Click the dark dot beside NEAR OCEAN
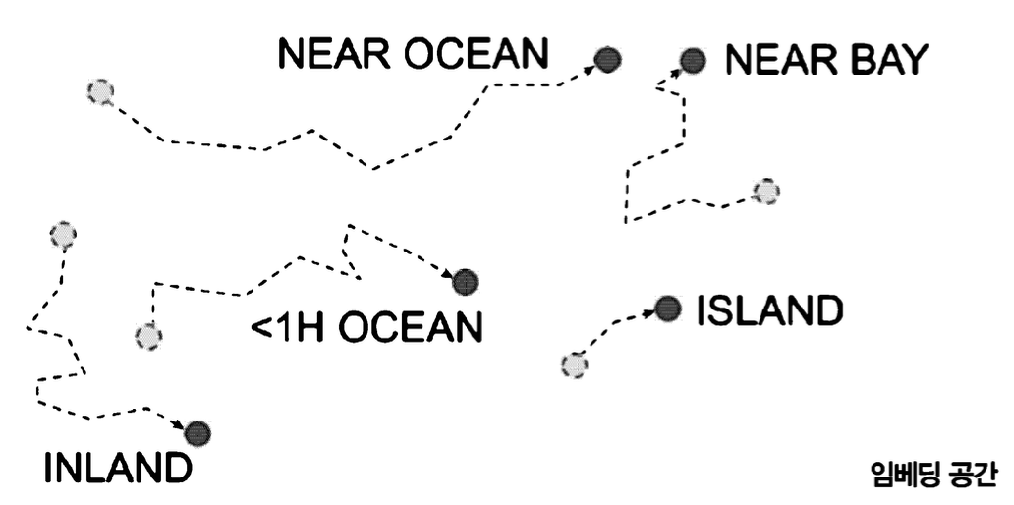[x=609, y=60]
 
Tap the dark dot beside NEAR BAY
[x=694, y=61]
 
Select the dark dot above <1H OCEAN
[x=465, y=282]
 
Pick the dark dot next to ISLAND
[x=668, y=309]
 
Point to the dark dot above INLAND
[x=197, y=432]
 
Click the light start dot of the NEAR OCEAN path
[x=99, y=92]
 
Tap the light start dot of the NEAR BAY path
[x=765, y=191]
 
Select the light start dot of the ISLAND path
[x=574, y=365]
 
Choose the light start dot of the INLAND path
[x=63, y=235]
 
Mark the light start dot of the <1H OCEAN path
[x=148, y=336]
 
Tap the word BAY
[x=884, y=61]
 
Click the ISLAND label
[x=768, y=310]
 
